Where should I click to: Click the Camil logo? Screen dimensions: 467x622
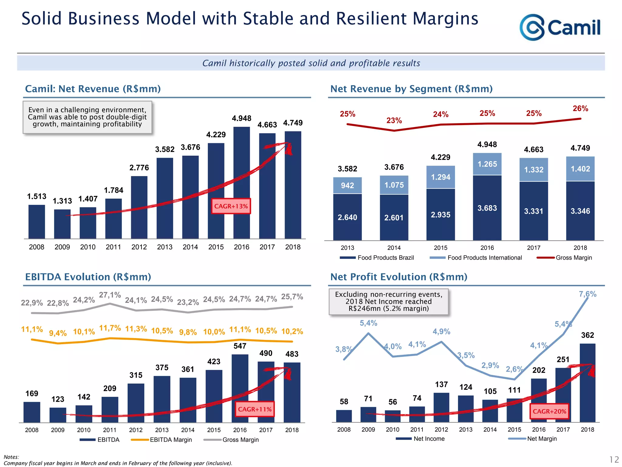560,27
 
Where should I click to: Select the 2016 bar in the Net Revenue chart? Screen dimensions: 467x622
241,182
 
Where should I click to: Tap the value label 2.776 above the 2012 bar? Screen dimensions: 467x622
139,168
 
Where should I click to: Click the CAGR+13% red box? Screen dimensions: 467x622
231,206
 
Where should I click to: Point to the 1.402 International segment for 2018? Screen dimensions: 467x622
580,169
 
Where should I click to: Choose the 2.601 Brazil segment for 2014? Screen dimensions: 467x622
394,217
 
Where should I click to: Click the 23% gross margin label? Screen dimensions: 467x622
394,121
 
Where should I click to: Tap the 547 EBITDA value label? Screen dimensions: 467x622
240,346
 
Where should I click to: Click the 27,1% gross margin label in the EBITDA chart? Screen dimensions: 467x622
110,295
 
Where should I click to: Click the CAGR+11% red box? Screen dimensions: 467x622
255,409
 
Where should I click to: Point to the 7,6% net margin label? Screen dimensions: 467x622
587,294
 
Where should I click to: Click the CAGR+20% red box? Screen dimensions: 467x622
549,411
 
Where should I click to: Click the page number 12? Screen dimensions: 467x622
614,459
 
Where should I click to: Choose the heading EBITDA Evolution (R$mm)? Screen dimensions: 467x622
88,277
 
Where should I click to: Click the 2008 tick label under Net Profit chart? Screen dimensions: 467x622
344,430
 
